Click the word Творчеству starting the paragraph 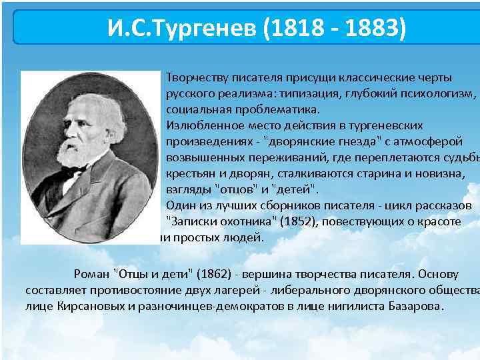click(193, 77)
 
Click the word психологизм click(439, 93)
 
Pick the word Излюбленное click(199, 125)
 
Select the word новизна click(441, 173)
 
